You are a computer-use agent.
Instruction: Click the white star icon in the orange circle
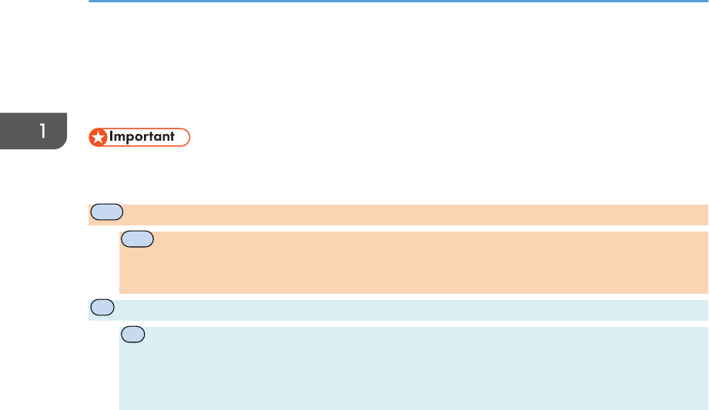coord(98,138)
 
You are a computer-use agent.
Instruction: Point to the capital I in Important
coord(111,138)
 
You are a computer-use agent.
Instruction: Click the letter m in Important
coord(119,138)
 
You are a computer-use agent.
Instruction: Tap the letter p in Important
coord(130,139)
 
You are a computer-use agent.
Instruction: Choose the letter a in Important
coord(159,138)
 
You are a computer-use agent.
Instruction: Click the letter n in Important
coord(167,138)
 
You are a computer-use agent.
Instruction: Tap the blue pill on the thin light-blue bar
coord(101,307)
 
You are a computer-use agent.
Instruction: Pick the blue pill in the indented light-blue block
coord(132,335)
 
